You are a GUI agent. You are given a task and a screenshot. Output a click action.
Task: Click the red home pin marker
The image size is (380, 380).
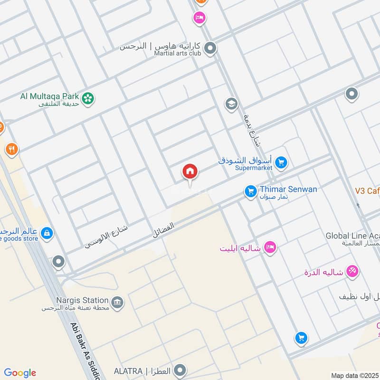point(190,172)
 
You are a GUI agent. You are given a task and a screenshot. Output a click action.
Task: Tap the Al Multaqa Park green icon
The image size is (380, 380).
point(88,98)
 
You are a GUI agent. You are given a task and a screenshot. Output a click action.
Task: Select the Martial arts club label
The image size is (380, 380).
point(177,54)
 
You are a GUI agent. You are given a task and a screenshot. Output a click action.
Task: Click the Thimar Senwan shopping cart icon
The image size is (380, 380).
point(250,191)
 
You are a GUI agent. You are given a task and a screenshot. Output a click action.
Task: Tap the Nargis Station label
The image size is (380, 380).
point(82,300)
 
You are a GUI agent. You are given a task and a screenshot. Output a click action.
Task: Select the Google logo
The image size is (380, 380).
point(20,373)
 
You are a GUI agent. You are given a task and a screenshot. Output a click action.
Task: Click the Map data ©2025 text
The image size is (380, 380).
point(355,375)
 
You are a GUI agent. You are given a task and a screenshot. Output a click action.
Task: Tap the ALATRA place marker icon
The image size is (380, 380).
point(180,370)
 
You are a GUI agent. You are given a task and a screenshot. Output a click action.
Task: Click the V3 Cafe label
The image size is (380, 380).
point(367,191)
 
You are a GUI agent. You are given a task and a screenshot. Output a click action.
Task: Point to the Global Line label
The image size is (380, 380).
point(352,236)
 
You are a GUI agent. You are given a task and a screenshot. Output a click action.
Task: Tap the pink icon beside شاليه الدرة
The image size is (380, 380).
point(352,271)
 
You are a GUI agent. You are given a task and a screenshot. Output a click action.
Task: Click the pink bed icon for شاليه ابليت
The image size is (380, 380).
point(270,247)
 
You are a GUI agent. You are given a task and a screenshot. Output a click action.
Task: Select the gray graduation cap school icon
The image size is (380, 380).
point(231,104)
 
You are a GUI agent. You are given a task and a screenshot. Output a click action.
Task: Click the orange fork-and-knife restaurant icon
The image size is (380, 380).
point(12,150)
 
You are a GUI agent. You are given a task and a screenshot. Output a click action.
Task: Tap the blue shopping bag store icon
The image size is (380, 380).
point(47,233)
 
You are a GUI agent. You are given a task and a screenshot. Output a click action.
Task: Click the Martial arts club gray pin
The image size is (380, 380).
point(210,48)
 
